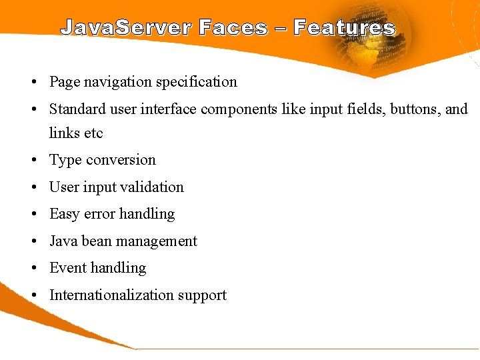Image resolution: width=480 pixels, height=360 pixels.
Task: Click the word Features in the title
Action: coord(344,28)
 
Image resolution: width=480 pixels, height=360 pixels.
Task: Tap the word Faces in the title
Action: coord(233,28)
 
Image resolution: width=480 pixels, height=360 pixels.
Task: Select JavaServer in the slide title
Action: coord(126,28)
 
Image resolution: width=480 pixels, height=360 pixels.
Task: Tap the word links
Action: coord(65,133)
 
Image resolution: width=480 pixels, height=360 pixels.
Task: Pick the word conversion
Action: coord(122,160)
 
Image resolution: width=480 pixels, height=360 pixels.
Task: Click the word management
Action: coord(157,241)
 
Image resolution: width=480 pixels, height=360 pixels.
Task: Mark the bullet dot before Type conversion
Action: coord(33,161)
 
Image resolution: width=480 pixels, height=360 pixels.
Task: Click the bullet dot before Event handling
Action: coord(33,269)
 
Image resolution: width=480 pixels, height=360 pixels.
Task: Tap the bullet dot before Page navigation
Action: coord(33,83)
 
